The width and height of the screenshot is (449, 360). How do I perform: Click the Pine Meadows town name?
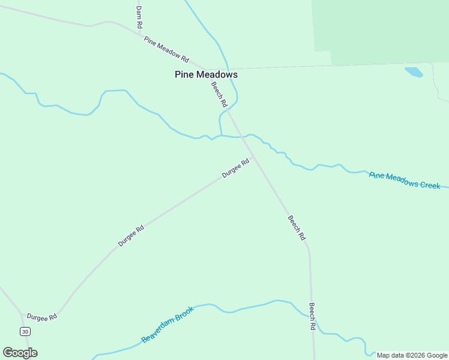pyautogui.click(x=206, y=75)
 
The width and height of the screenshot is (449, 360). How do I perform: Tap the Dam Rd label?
pyautogui.click(x=139, y=18)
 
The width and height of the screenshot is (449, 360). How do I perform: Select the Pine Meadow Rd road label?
pyautogui.click(x=166, y=50)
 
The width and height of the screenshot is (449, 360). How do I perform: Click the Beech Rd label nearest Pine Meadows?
pyautogui.click(x=219, y=94)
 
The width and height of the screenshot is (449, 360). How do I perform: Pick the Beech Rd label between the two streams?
pyautogui.click(x=297, y=228)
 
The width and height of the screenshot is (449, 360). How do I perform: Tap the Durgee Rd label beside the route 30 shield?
pyautogui.click(x=41, y=317)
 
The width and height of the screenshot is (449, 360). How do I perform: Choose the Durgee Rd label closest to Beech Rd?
pyautogui.click(x=235, y=168)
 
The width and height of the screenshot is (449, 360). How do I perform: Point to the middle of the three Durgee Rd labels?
pyautogui.click(x=131, y=236)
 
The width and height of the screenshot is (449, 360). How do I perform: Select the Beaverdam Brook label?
pyautogui.click(x=167, y=325)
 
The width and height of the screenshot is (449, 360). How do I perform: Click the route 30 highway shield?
pyautogui.click(x=25, y=331)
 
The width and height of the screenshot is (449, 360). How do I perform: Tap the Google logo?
pyautogui.click(x=20, y=353)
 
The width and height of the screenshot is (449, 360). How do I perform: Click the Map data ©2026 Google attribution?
pyautogui.click(x=412, y=355)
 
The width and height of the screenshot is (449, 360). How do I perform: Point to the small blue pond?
pyautogui.click(x=414, y=72)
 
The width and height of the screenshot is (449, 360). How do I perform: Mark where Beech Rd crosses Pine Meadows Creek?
pyautogui.click(x=242, y=137)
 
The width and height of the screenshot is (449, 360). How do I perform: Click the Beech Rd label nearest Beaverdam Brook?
pyautogui.click(x=312, y=316)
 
